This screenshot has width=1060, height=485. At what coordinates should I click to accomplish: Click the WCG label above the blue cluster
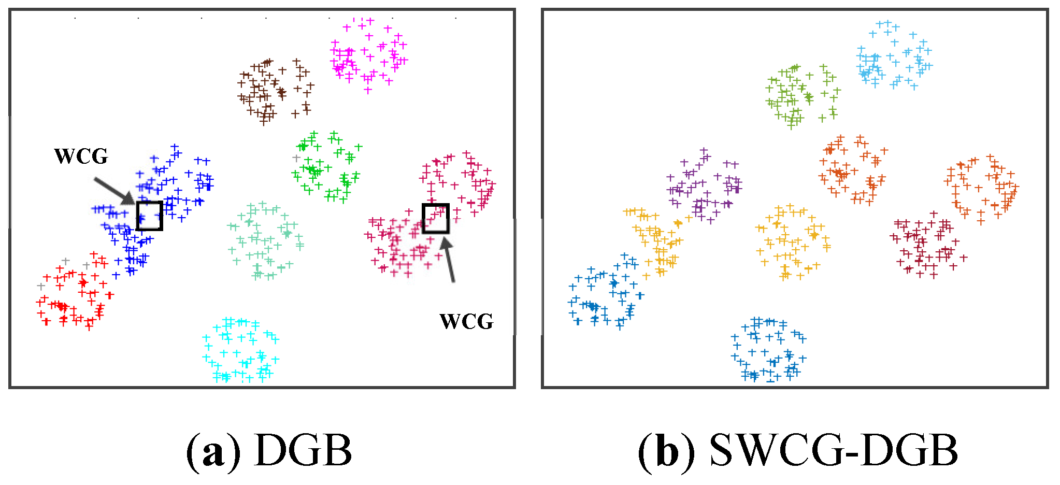pos(81,156)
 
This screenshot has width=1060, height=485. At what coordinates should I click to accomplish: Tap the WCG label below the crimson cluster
pos(466,321)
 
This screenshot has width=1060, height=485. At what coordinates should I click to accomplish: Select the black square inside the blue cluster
pos(150,216)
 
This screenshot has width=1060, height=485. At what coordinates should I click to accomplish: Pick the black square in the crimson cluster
pos(435,218)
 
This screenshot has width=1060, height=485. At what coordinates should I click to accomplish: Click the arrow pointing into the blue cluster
pos(114,191)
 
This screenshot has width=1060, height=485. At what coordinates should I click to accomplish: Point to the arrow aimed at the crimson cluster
pos(448,259)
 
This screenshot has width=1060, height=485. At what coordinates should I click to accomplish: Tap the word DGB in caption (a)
pos(304,451)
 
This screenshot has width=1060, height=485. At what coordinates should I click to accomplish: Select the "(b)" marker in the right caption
pos(666,451)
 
